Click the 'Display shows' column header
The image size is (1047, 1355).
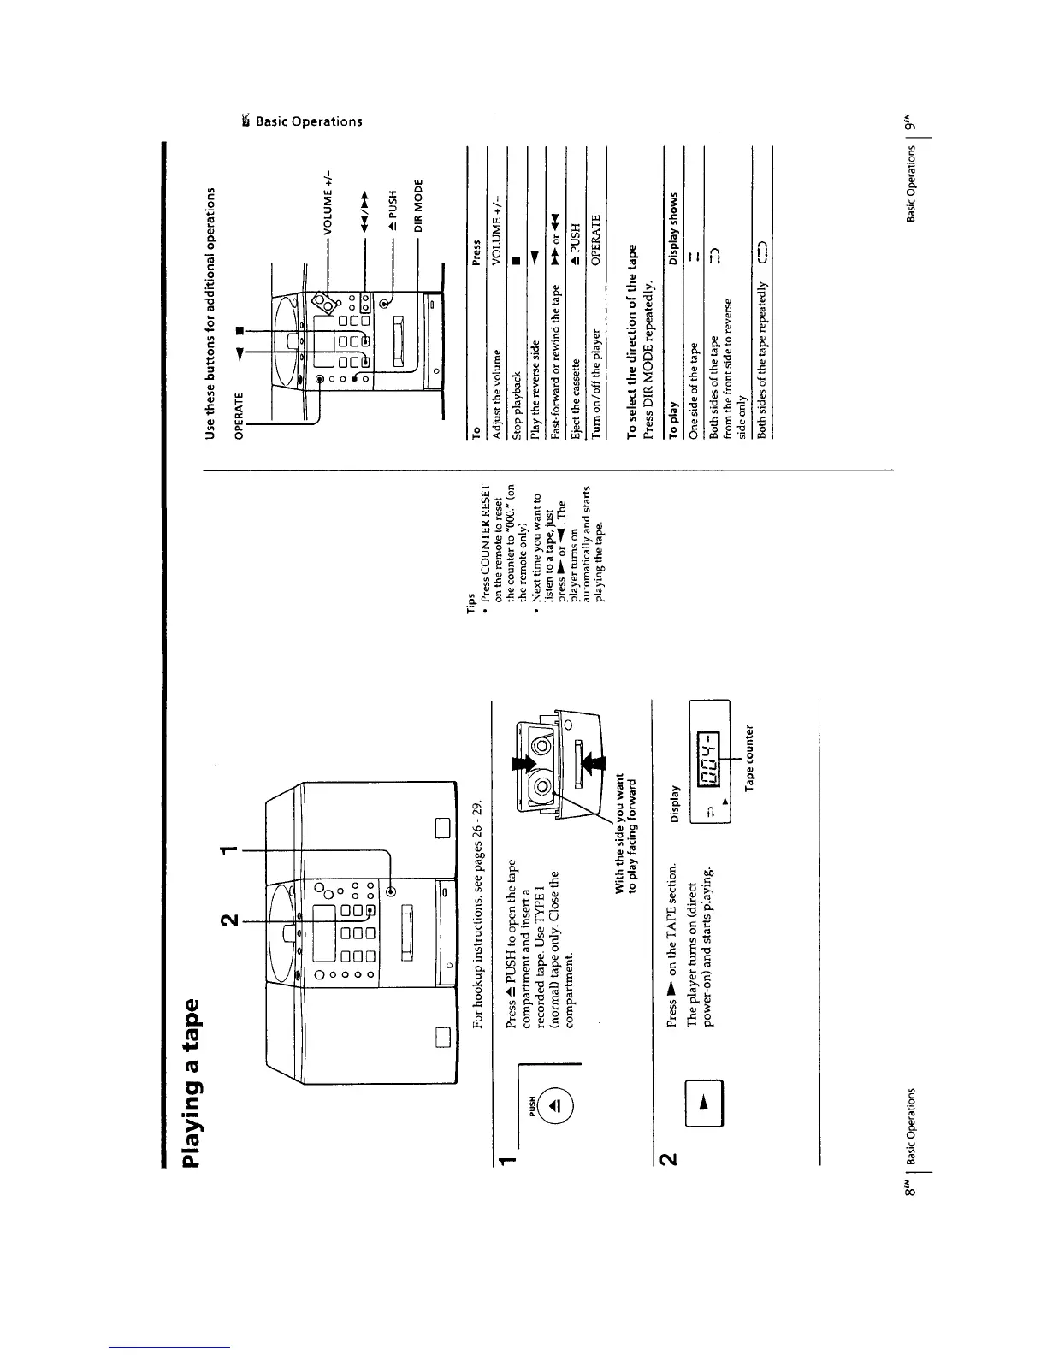673,228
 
